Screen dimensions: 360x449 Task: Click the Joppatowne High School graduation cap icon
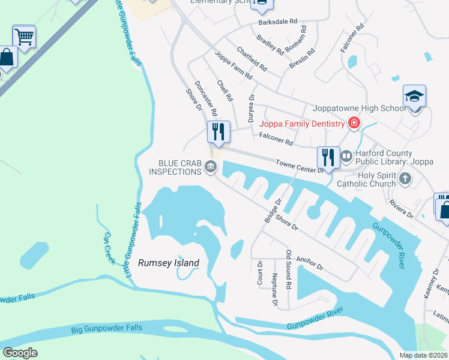point(414,97)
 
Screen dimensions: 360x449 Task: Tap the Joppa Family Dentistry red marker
point(354,124)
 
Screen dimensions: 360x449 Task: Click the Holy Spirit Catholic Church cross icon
point(406,178)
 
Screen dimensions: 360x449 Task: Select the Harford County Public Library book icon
point(346,157)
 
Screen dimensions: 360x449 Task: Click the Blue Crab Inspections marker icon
point(211,167)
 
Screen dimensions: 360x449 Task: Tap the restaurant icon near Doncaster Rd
point(218,131)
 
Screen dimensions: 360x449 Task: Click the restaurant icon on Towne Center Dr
point(328,157)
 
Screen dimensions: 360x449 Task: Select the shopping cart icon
point(24,37)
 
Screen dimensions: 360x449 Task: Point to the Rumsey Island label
point(169,263)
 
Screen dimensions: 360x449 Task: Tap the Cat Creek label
point(109,247)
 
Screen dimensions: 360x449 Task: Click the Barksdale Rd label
point(278,21)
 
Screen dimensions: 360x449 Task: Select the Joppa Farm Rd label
point(234,65)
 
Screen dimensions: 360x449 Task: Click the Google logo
point(20,353)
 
